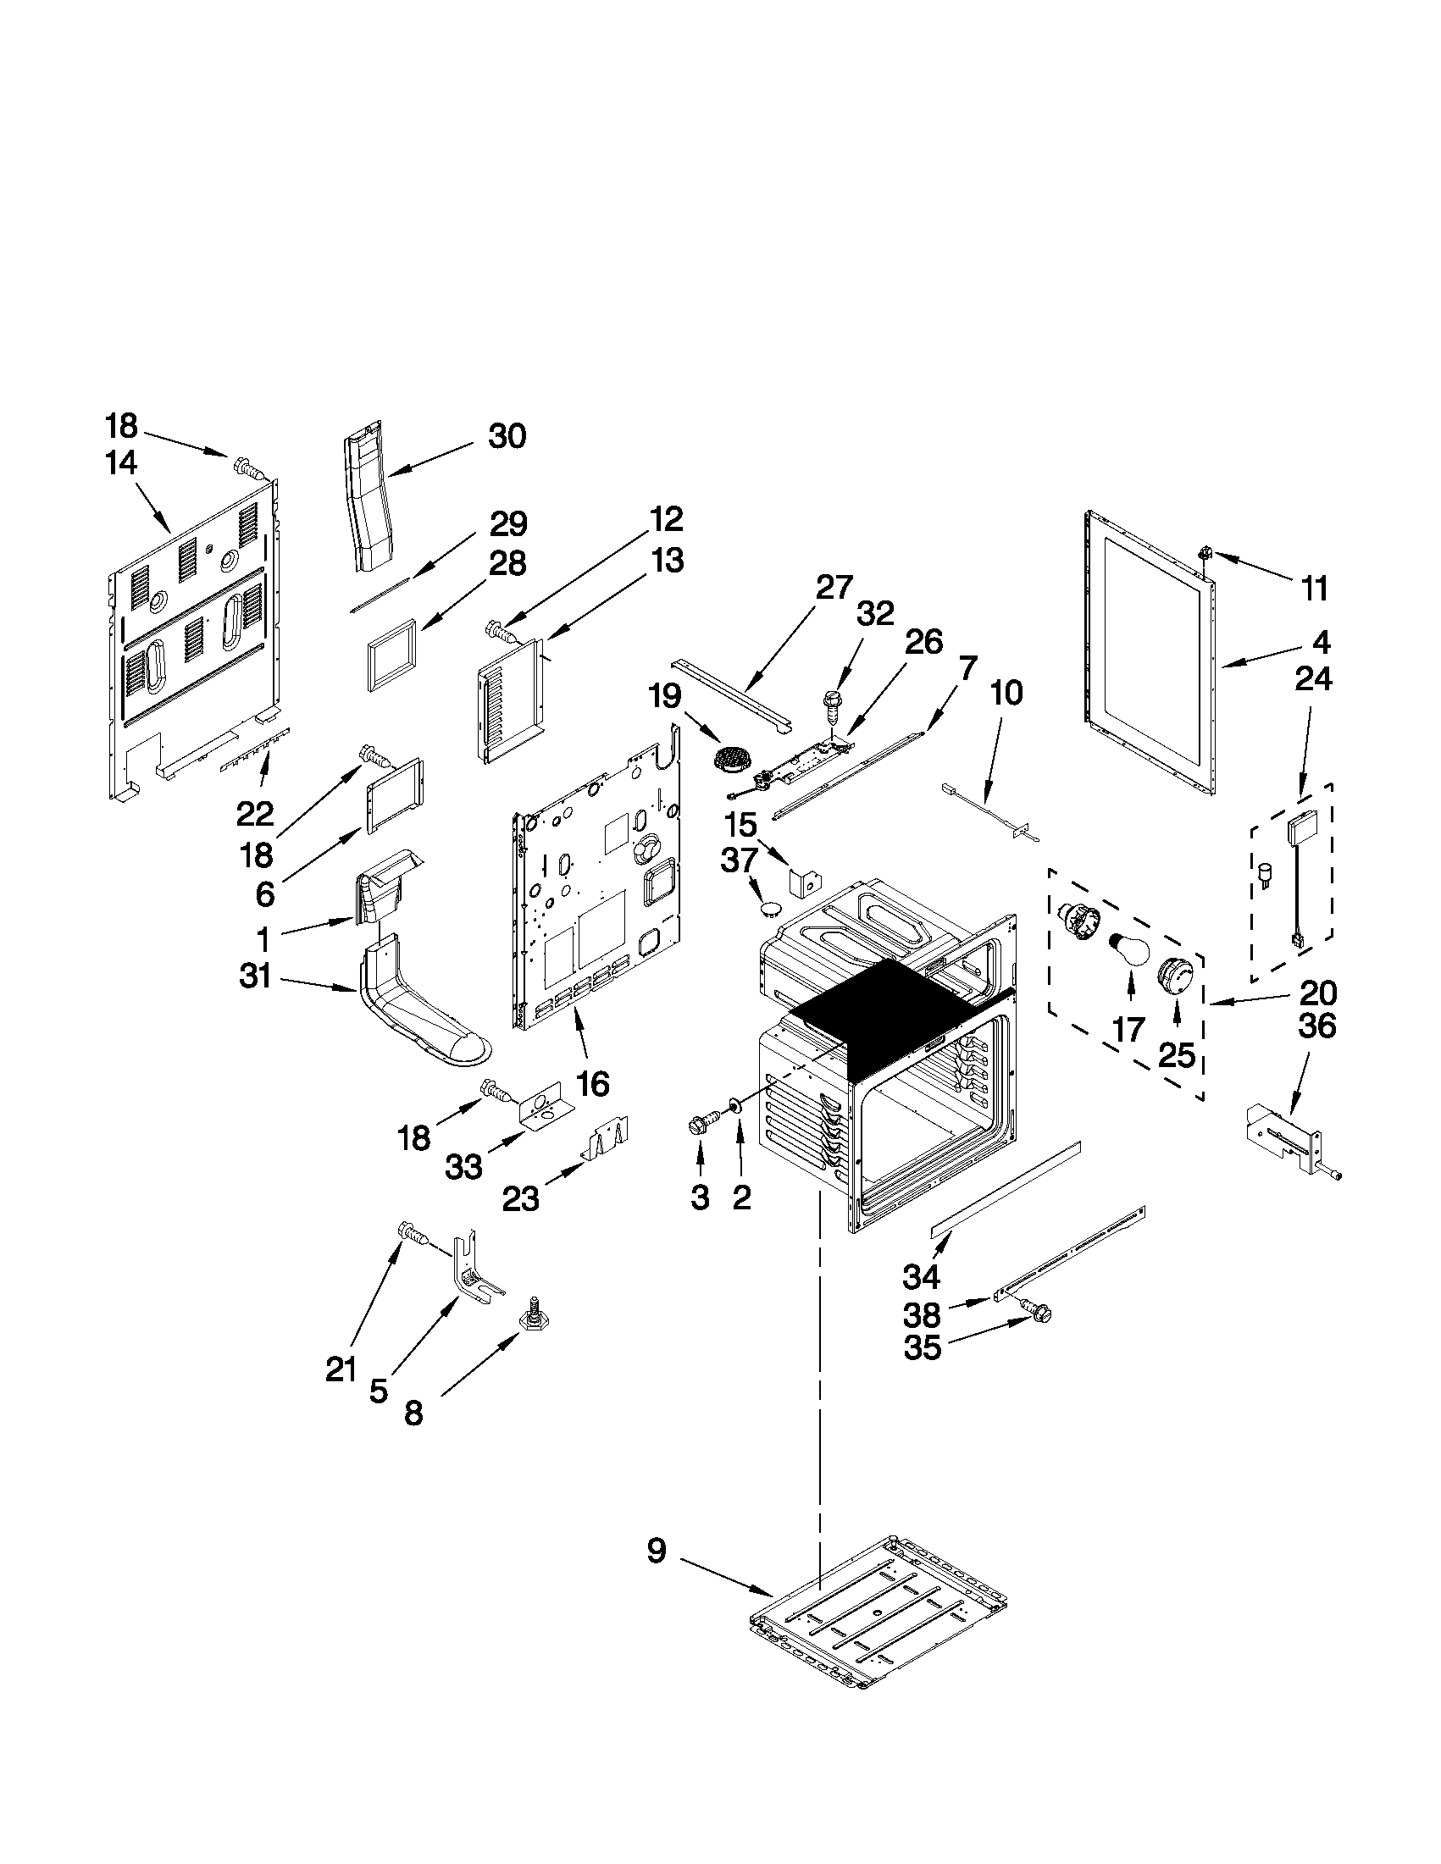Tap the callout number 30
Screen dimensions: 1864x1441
click(x=507, y=436)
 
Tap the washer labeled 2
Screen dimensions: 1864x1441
click(x=734, y=1109)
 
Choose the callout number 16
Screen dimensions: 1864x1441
click(x=592, y=1084)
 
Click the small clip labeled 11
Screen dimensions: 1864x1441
click(x=1207, y=553)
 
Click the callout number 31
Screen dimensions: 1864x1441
click(x=255, y=976)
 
